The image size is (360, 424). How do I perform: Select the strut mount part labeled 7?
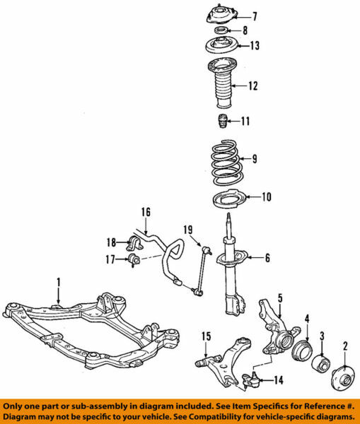tap(220, 16)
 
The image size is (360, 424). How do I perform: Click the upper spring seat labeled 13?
tap(220, 47)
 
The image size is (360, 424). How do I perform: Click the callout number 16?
tap(145, 211)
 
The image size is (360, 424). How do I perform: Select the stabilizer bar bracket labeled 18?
tap(134, 244)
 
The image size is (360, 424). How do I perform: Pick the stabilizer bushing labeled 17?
tap(133, 263)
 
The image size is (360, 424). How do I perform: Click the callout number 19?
tap(188, 229)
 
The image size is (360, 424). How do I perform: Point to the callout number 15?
tap(204, 335)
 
